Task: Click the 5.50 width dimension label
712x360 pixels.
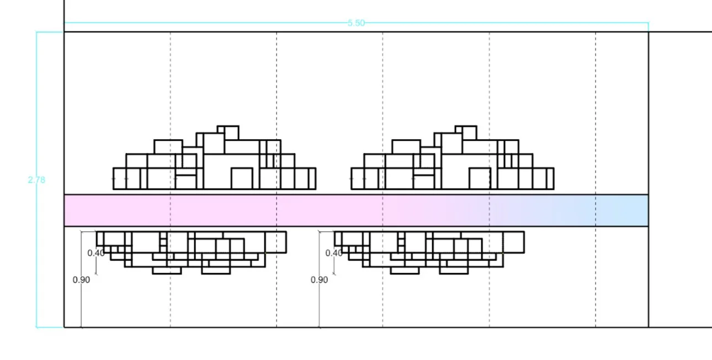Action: pyautogui.click(x=356, y=23)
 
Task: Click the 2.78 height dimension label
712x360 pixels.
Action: pyautogui.click(x=36, y=179)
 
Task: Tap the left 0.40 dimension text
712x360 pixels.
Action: pyautogui.click(x=96, y=253)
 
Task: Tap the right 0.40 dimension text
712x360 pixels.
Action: pyautogui.click(x=334, y=253)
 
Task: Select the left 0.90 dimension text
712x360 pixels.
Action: pyautogui.click(x=81, y=279)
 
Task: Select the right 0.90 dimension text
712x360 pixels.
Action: pyautogui.click(x=319, y=279)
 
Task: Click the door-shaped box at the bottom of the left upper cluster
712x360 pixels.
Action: pyautogui.click(x=241, y=179)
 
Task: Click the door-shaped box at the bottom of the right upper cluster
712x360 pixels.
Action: pyautogui.click(x=480, y=179)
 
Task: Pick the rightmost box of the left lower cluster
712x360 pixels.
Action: pyautogui.click(x=275, y=242)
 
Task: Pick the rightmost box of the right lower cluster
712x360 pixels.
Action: pyautogui.click(x=513, y=242)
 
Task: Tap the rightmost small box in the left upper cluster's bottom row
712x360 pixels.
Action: pyautogui.click(x=312, y=178)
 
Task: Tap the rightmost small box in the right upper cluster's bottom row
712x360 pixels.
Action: pyautogui.click(x=550, y=178)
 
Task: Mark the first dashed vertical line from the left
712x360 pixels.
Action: pyautogui.click(x=171, y=110)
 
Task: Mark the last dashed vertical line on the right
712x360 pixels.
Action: pyautogui.click(x=596, y=110)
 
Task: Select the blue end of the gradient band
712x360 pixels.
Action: pyautogui.click(x=629, y=210)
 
